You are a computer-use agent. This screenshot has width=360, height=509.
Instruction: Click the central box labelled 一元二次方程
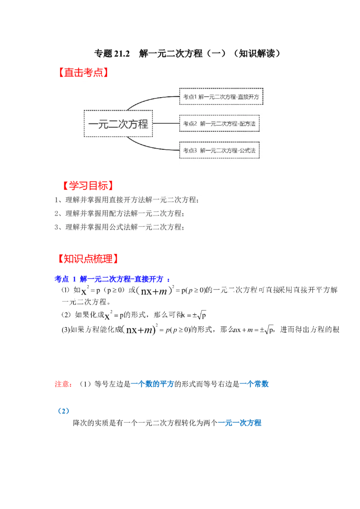click(118, 123)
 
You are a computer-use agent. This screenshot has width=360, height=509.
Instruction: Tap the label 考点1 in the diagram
click(189, 97)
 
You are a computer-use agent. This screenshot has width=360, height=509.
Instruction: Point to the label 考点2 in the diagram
click(190, 123)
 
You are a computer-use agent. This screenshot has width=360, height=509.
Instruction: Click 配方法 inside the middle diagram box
click(247, 123)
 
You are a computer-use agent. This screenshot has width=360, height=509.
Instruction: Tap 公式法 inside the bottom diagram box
click(247, 151)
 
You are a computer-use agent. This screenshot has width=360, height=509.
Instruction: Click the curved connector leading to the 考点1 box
click(148, 100)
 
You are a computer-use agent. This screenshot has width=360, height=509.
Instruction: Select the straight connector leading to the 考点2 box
click(166, 123)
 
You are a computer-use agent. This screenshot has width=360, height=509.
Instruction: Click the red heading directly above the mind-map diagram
click(83, 73)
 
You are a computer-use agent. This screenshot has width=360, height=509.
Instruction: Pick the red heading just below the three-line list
click(88, 259)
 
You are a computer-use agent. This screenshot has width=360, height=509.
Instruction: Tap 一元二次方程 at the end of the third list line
click(159, 227)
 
